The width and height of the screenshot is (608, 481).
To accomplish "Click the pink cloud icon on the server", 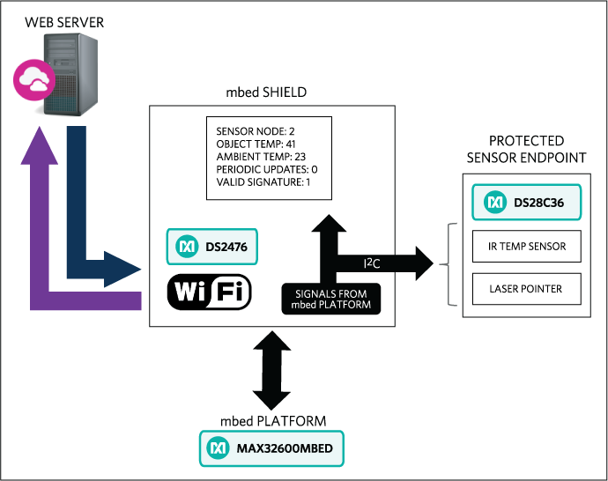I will (x=33, y=80).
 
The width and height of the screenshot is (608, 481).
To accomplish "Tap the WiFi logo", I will (x=210, y=292).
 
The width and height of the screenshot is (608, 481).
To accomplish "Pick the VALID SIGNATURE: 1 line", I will (x=263, y=182).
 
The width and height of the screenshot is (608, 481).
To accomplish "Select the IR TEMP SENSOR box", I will (x=526, y=248).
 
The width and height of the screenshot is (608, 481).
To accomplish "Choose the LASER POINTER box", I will (x=526, y=288).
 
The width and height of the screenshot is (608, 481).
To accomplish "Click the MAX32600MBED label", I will (x=284, y=449).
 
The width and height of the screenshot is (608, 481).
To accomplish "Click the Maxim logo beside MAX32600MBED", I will (x=217, y=449).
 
